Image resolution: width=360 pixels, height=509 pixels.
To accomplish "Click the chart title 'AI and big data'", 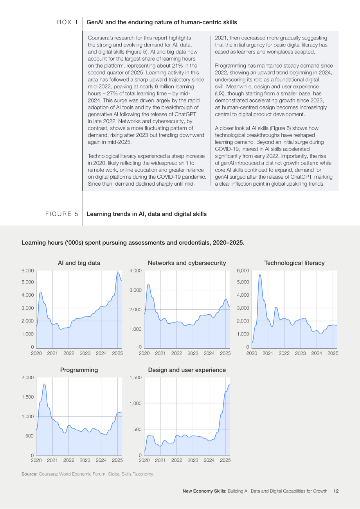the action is coord(79,263).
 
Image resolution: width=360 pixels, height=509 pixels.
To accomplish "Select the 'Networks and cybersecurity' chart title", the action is coord(187,263).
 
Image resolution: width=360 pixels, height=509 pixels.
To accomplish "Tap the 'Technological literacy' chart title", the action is coord(294,263).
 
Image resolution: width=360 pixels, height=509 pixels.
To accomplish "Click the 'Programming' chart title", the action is coord(79,370).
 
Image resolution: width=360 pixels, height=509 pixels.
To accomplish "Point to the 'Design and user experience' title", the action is coord(187,370).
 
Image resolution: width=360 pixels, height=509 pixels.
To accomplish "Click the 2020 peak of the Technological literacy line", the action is coord(260,275).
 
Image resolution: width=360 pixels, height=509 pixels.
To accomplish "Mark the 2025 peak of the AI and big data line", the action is coord(118,273).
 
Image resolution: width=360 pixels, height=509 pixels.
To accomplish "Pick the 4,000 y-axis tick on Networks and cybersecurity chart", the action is coord(135,271).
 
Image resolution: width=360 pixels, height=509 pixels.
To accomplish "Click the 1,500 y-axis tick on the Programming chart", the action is coord(27,397).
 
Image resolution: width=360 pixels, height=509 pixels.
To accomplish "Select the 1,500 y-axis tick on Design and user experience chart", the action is coord(135,377).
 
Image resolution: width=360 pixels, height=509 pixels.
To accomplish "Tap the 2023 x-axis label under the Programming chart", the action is coord(85,460).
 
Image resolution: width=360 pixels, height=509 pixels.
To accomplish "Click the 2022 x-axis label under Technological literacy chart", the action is coord(284,353).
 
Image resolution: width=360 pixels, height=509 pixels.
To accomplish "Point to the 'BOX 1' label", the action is coord(68,22).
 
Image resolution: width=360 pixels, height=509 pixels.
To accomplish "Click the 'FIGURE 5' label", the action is coord(61,214).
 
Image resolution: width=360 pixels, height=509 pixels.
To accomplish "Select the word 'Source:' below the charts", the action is coord(29,474).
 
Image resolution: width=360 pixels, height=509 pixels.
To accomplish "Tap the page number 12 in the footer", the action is coord(336,491).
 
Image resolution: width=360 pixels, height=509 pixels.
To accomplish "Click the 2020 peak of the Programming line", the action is coord(44,384).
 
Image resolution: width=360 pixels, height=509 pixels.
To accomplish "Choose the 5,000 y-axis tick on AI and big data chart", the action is coord(27,282).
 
